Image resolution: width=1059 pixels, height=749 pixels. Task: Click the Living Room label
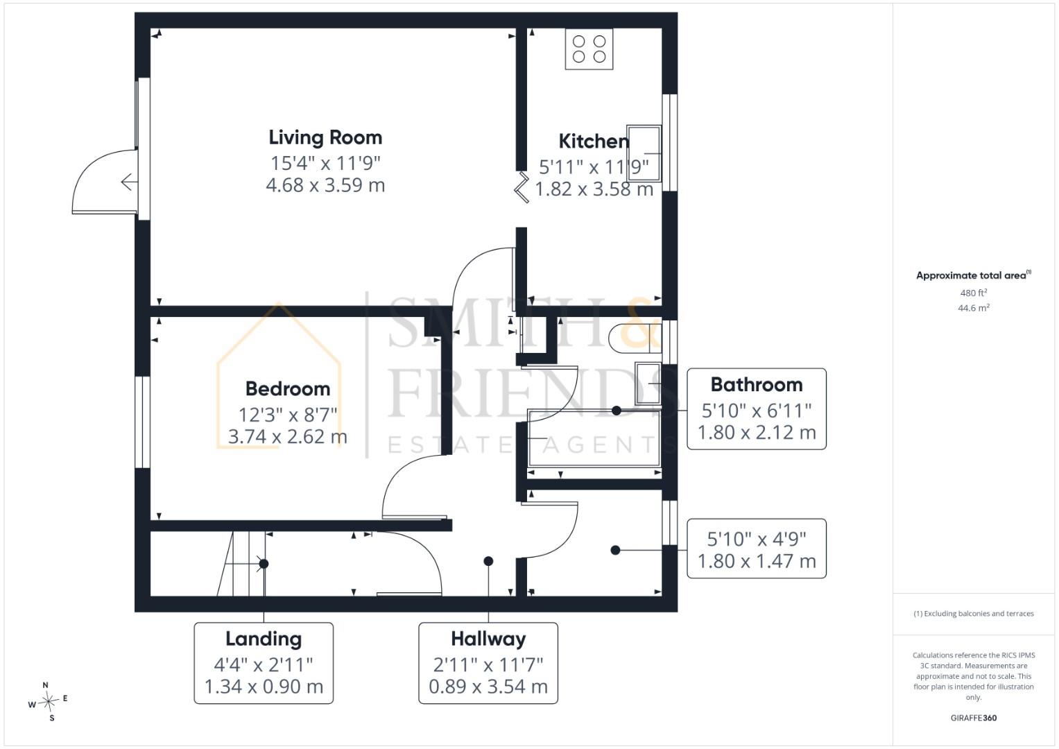(325, 137)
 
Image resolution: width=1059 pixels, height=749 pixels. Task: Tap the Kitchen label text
(594, 141)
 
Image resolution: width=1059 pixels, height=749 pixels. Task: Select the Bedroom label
(287, 388)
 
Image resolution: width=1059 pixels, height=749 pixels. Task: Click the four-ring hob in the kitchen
(589, 49)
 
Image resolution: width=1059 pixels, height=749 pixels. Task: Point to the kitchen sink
(644, 153)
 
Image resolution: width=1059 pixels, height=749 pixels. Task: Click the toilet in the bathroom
(636, 338)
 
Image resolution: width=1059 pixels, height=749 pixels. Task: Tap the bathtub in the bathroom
(594, 438)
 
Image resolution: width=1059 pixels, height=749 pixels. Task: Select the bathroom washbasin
(648, 383)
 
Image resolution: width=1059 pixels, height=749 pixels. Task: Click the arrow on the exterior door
(129, 182)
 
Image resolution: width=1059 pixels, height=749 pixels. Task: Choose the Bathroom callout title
(757, 385)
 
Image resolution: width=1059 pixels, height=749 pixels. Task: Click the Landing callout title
(264, 639)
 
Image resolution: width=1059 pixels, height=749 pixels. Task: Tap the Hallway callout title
(488, 639)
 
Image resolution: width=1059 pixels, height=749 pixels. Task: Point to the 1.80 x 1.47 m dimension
(757, 561)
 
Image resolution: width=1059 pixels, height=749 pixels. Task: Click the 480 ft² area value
(974, 293)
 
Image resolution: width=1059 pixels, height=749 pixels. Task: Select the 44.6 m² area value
(974, 308)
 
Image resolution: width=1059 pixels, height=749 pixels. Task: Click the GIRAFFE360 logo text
(974, 718)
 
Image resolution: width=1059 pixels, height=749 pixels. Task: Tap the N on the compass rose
(45, 685)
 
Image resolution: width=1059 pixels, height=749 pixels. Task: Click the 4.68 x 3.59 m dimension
(325, 185)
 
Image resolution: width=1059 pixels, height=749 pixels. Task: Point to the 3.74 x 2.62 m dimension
(287, 436)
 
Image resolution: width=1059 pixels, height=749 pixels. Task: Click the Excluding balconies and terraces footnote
(974, 613)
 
